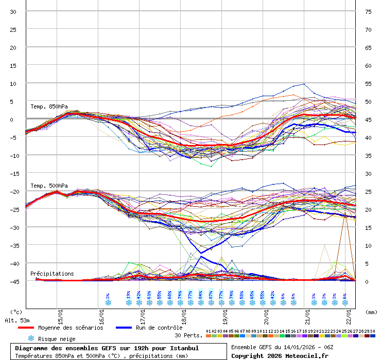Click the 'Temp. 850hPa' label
click(49, 106)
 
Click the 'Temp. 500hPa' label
click(49, 186)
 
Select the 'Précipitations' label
click(52, 274)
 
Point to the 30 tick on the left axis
click(13, 11)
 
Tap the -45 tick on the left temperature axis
click(13, 281)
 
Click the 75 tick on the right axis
click(368, 11)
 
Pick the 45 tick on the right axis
click(368, 119)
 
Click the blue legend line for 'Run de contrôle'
click(124, 328)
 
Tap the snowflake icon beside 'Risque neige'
click(31, 338)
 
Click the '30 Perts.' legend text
click(187, 335)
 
